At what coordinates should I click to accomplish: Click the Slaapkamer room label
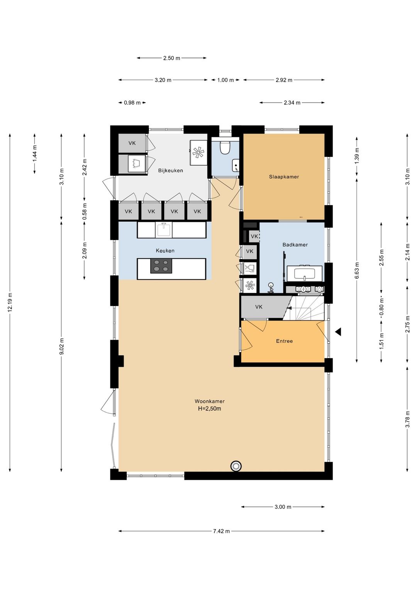(x=284, y=177)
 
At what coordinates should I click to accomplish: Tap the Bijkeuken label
(x=171, y=170)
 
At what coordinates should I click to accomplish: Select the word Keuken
(x=165, y=250)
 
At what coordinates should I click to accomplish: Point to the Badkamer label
(x=295, y=245)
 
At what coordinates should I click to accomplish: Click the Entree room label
(x=284, y=341)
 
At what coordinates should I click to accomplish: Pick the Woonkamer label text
(x=209, y=401)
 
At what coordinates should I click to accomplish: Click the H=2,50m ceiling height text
(x=209, y=409)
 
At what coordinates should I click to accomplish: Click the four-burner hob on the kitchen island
(x=161, y=266)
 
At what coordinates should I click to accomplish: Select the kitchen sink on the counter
(x=164, y=230)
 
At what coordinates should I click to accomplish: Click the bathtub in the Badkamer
(x=304, y=272)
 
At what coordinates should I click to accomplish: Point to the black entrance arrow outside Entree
(x=338, y=332)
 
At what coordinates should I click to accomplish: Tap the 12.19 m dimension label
(x=10, y=302)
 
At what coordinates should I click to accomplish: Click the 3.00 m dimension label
(x=283, y=507)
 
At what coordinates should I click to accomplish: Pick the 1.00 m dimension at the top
(x=225, y=80)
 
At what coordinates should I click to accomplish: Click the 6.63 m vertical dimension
(x=356, y=270)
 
